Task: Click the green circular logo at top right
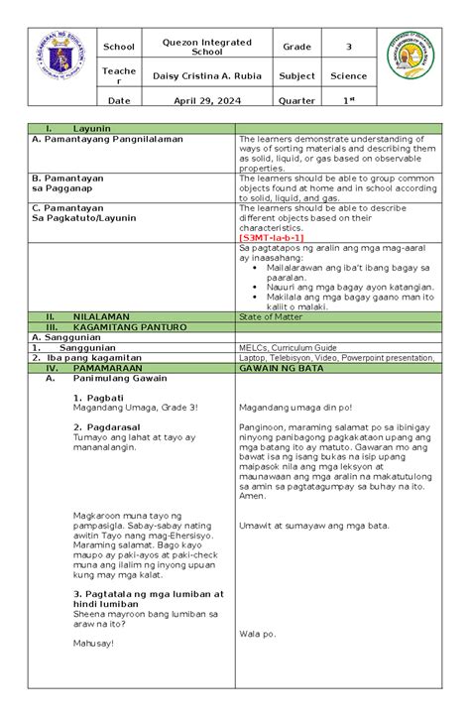406,63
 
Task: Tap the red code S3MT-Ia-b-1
271,238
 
